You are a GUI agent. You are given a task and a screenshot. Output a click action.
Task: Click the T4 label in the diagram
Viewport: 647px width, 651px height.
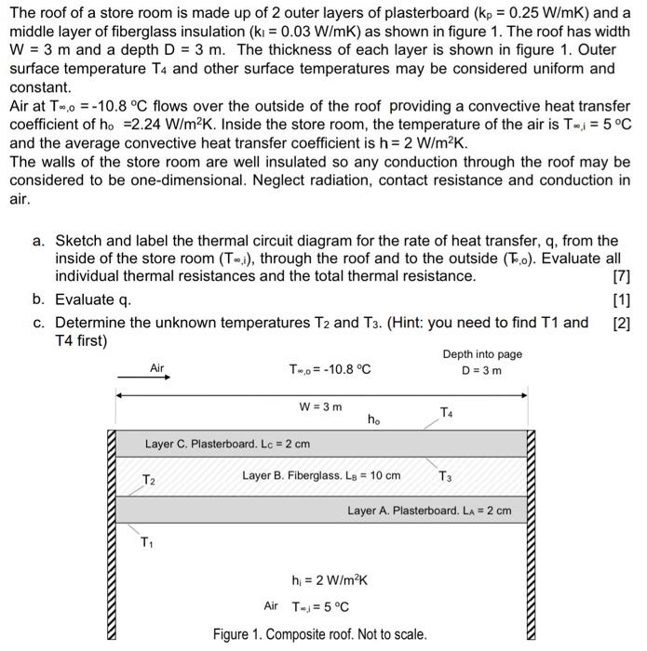448,411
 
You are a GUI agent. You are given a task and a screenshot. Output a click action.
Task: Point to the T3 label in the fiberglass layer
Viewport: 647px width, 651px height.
446,476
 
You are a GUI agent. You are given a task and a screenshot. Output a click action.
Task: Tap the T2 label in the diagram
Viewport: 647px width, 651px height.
149,480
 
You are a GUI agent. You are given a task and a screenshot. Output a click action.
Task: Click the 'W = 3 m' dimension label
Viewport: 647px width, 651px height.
320,407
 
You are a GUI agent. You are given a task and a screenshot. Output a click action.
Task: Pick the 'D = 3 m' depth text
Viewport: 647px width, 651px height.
482,371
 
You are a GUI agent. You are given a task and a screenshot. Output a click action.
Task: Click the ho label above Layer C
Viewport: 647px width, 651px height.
373,420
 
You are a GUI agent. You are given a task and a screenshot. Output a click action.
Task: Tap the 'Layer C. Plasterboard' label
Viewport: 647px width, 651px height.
227,444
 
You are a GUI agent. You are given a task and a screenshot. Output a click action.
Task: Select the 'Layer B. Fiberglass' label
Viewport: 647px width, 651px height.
321,475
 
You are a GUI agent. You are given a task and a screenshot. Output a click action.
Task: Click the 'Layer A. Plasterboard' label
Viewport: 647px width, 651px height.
429,511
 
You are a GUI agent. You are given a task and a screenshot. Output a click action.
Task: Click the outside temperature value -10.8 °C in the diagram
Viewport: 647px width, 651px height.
330,369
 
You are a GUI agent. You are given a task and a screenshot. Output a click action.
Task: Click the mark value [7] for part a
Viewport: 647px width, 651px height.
622,276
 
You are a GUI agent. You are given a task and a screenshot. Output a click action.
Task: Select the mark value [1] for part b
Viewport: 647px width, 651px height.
622,299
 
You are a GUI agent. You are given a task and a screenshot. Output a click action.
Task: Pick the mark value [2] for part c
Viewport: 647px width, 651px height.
622,323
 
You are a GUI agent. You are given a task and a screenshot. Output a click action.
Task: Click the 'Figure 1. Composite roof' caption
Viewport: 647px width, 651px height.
319,634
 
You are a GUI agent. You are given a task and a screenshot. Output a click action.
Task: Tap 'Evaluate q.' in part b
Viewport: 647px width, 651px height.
93,299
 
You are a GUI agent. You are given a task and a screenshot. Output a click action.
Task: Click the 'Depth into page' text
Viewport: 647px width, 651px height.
482,354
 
